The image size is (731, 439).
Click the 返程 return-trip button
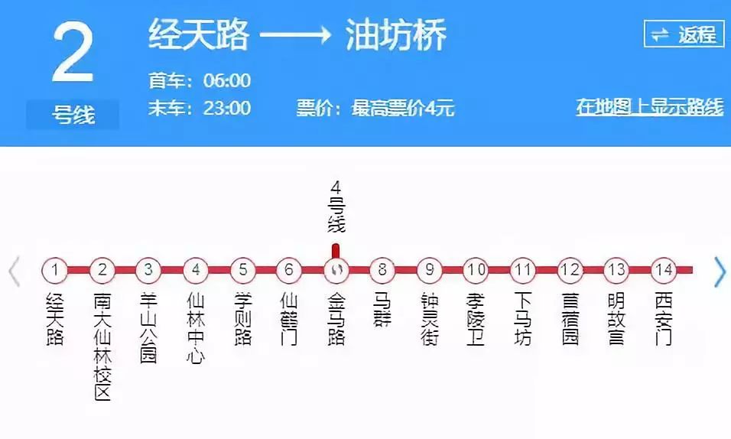click(x=684, y=34)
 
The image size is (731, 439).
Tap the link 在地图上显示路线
click(x=649, y=107)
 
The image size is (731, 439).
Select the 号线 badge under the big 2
click(x=73, y=115)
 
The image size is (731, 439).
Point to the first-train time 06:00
click(x=227, y=80)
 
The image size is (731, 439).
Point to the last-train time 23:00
click(x=227, y=108)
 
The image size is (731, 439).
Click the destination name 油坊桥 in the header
click(x=395, y=35)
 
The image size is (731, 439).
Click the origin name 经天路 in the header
click(x=199, y=35)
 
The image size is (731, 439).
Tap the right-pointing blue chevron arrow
click(x=719, y=272)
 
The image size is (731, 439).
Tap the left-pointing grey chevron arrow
click(x=14, y=272)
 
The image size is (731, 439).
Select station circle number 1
click(x=55, y=269)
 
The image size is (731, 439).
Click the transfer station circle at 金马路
click(x=336, y=269)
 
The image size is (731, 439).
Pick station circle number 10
click(x=476, y=269)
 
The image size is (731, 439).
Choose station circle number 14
click(x=663, y=269)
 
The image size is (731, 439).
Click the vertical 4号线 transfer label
click(x=336, y=206)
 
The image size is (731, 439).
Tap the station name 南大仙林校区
click(x=102, y=345)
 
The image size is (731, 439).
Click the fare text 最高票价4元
click(x=403, y=108)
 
